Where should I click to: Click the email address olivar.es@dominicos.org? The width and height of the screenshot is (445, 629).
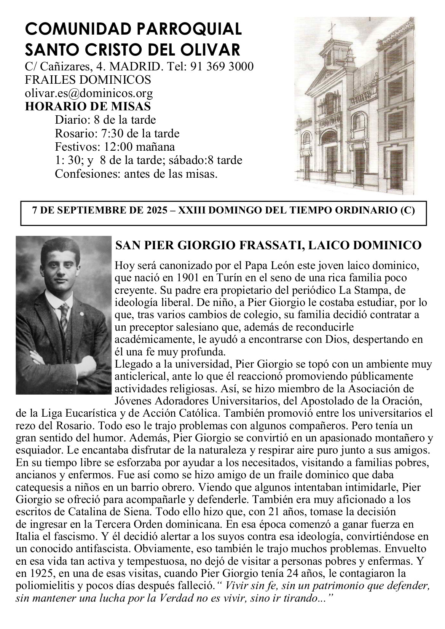click(x=89, y=93)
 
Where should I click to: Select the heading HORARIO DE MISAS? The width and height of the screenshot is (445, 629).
click(x=88, y=106)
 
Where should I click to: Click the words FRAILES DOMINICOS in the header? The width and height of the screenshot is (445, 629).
click(x=88, y=80)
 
